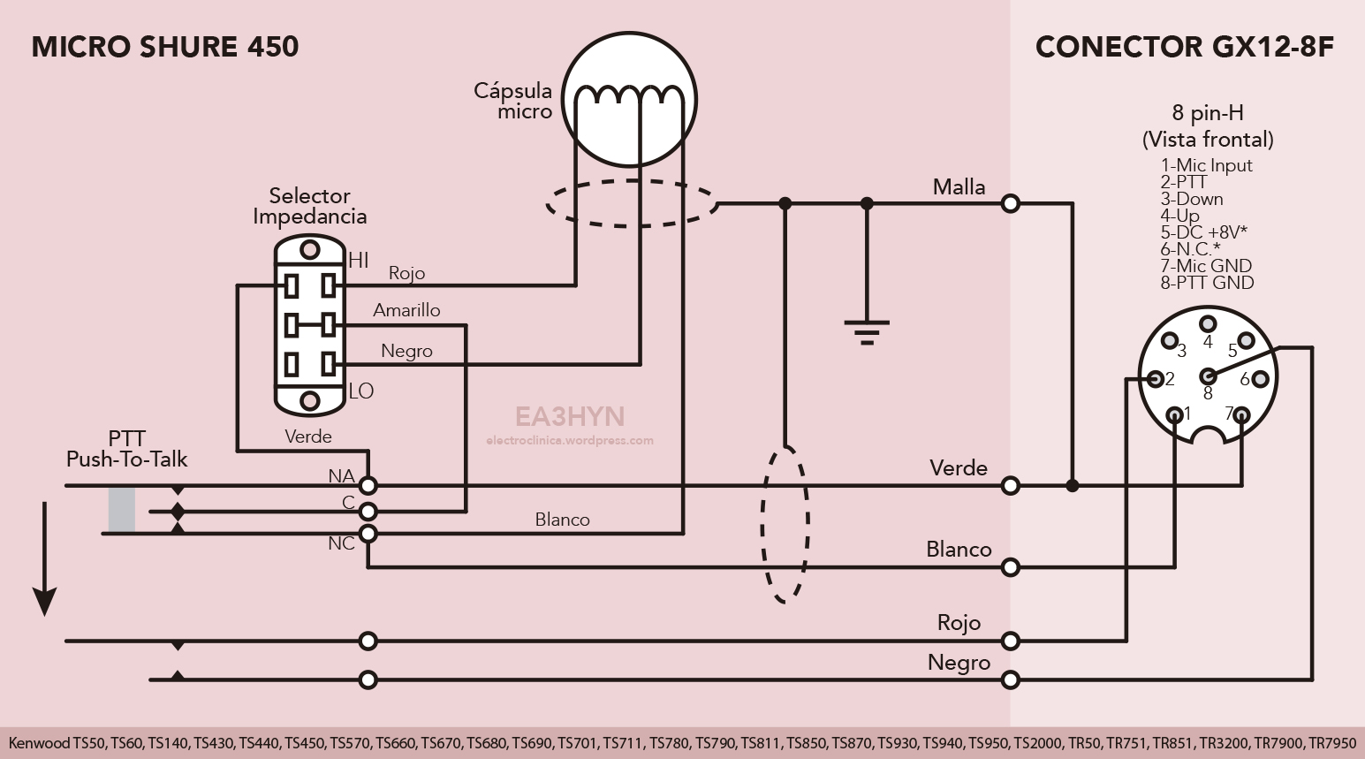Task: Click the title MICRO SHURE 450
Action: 165,47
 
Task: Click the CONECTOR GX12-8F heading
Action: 1184,47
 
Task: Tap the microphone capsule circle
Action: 630,99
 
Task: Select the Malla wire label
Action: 959,187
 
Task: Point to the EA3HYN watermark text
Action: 570,416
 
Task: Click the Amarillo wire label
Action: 406,310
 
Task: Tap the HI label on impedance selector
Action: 358,261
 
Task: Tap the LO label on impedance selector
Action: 360,391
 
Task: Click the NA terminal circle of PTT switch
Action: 368,485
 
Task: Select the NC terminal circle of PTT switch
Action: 368,534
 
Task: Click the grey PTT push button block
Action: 122,510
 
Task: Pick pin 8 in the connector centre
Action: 1207,376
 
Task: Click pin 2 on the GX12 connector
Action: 1155,379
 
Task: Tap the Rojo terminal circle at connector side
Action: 1011,641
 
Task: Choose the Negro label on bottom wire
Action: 959,663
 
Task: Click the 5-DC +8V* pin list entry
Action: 1203,232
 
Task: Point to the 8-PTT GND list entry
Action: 1207,283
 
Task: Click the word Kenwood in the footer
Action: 39,743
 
